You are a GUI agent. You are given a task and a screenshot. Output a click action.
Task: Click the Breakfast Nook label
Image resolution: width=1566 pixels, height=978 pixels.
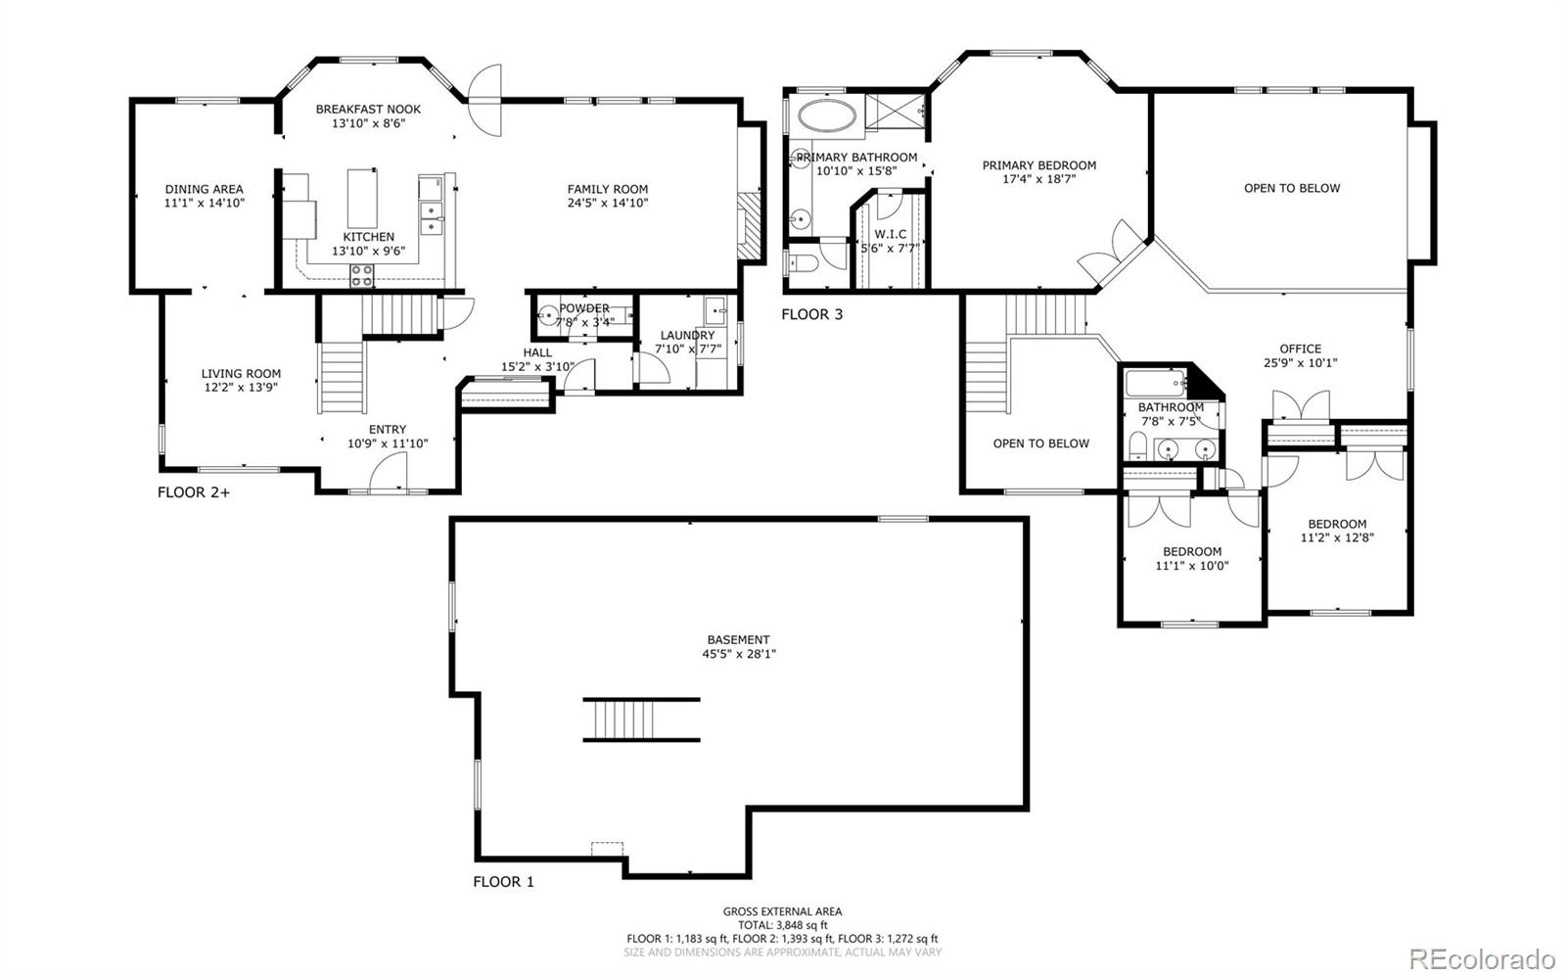368,109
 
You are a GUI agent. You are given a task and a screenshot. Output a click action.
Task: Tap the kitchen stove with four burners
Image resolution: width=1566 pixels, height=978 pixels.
361,275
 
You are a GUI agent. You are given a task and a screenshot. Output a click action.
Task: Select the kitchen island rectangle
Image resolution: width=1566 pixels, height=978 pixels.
362,198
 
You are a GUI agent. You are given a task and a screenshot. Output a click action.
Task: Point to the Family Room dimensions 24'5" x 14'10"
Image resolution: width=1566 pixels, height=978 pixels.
608,204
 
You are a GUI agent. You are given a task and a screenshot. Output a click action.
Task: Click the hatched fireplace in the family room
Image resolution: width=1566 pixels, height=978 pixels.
749,225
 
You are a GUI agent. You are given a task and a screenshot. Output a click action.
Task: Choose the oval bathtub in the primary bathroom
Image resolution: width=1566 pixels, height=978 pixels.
827,116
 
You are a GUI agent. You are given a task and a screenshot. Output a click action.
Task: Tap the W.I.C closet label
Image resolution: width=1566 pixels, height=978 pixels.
890,234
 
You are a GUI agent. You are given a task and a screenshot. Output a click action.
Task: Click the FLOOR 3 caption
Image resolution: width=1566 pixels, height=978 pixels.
811,314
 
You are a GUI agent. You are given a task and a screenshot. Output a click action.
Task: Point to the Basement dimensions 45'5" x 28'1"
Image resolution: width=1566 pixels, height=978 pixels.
739,654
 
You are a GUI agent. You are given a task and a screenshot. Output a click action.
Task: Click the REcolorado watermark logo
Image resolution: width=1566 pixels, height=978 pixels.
1481,957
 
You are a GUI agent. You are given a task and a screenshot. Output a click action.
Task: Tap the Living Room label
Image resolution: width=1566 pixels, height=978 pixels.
241,374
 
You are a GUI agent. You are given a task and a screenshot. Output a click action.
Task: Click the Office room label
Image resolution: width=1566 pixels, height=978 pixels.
1301,349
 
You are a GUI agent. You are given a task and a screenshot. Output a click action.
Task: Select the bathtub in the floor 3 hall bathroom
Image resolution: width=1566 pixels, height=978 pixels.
1156,383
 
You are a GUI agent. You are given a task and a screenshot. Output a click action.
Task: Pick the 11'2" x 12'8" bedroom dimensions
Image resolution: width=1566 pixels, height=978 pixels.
1337,538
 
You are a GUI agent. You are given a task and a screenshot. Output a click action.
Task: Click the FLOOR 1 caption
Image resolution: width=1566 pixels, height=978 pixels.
503,882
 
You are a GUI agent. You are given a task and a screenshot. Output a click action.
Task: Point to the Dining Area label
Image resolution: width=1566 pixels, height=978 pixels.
205,189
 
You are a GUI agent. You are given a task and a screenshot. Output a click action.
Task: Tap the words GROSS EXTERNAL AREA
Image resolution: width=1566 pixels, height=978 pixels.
782,911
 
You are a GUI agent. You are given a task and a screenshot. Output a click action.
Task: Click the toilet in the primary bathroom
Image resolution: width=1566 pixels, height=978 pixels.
802,262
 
